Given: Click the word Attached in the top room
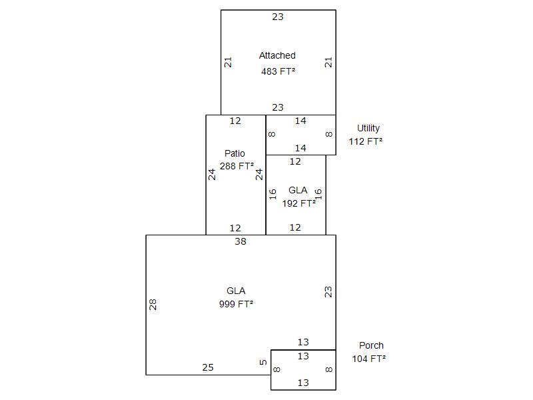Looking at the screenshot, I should click(x=277, y=55).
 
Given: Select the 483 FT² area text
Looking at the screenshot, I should click(x=278, y=70).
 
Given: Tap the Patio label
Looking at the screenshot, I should click(x=235, y=153).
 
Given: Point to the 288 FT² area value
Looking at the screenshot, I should click(x=237, y=166).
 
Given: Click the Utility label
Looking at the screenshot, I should click(x=368, y=128).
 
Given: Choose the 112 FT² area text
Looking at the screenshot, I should click(x=366, y=141).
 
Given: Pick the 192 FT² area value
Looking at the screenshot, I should click(x=298, y=203).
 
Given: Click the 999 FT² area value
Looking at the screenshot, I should click(x=236, y=304).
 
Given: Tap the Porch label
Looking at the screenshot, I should click(x=371, y=345).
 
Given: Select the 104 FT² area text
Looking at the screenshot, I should click(x=369, y=359).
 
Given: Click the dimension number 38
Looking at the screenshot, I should click(x=241, y=241).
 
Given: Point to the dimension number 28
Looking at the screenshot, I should click(x=153, y=305).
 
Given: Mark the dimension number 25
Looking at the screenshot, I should click(x=208, y=367).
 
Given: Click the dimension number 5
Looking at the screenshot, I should click(x=263, y=363).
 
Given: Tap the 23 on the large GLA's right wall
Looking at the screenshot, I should click(x=328, y=291).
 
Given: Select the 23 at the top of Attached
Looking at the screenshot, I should click(x=278, y=17).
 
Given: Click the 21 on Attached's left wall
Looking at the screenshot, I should click(x=228, y=62).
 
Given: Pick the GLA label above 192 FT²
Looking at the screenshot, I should click(x=298, y=191).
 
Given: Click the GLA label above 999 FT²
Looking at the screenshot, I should click(x=236, y=291).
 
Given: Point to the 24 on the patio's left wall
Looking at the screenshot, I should click(x=212, y=175).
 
